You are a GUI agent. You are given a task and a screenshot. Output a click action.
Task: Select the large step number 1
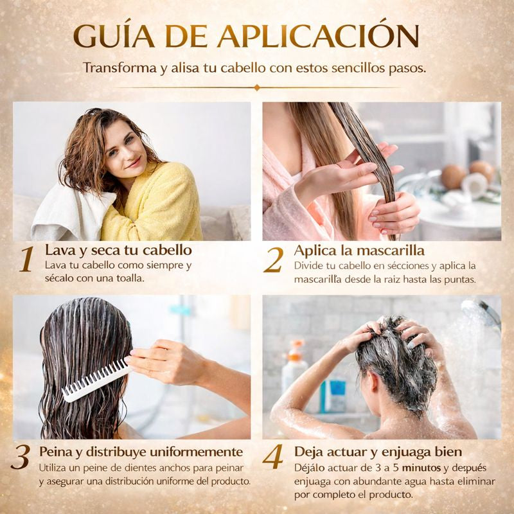27,260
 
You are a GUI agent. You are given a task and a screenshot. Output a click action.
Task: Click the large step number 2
274,260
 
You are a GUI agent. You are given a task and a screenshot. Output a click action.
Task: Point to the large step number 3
21,457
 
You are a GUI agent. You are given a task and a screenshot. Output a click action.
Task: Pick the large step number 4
272,456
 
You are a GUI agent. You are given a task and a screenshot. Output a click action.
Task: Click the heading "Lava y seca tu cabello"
118,251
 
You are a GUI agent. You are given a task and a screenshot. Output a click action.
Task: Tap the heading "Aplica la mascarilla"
359,251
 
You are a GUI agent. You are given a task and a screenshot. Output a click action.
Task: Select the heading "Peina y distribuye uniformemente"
141,452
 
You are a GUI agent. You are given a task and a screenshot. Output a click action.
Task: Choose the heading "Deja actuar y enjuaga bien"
378,452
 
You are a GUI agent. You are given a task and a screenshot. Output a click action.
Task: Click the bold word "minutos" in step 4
421,468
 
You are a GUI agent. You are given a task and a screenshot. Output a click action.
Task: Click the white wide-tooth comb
96,380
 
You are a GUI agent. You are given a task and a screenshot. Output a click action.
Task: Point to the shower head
481,313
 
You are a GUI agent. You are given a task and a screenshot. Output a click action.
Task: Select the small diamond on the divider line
257,87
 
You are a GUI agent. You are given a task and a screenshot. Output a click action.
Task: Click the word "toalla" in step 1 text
130,278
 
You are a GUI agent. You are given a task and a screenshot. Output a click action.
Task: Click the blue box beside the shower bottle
333,396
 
